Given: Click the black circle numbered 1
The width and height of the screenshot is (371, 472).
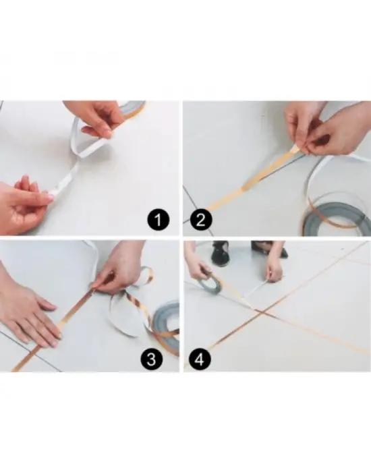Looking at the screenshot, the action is [x=159, y=220].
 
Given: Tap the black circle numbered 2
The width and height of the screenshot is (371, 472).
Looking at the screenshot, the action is [x=200, y=220].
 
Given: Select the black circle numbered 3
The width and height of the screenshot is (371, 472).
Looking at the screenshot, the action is [x=152, y=359].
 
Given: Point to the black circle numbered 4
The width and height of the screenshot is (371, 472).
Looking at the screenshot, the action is [x=200, y=359].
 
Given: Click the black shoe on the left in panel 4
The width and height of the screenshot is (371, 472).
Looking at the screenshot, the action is [x=220, y=254].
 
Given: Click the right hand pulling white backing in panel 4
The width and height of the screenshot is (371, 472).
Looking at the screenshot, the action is [x=275, y=271].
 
